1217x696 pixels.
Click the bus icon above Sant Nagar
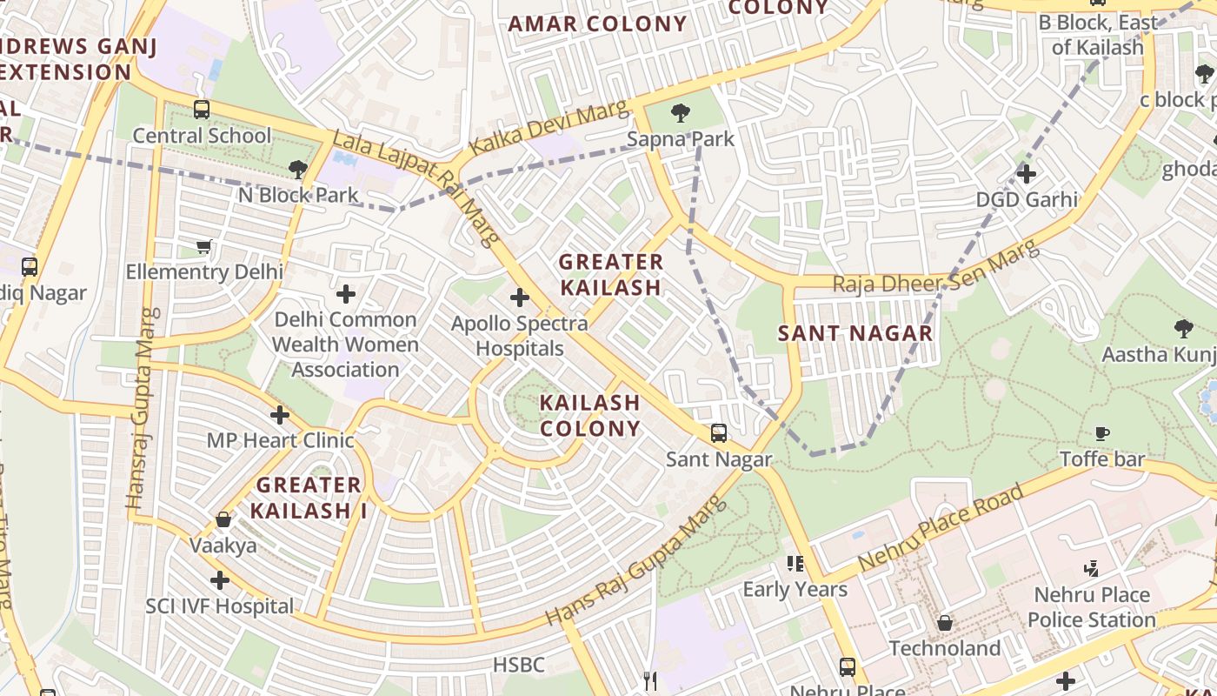point(719,432)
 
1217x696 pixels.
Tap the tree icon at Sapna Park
point(681,112)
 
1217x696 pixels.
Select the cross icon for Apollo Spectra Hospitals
point(519,298)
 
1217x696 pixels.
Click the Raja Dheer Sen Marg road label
point(935,268)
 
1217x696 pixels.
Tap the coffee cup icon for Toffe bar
point(1101,432)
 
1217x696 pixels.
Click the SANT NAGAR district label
point(855,333)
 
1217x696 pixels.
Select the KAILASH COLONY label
point(590,416)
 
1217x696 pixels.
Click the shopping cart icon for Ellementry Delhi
point(203,246)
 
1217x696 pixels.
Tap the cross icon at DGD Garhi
point(1027,173)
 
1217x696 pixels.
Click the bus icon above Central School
point(202,110)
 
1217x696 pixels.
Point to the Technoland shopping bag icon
point(945,623)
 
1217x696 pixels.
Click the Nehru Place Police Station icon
point(1091,569)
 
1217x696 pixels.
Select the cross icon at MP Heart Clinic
point(279,415)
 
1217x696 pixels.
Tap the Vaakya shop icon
point(223,519)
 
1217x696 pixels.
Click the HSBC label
point(518,666)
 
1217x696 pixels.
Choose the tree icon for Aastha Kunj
point(1182,328)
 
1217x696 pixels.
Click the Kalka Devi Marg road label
point(548,129)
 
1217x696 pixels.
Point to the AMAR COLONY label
point(597,24)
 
